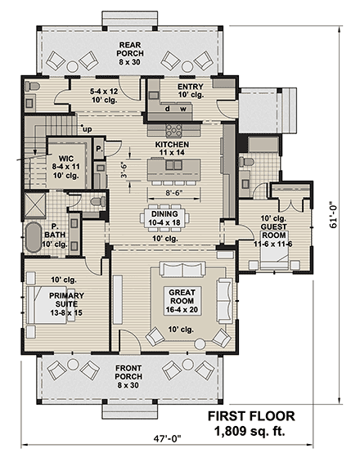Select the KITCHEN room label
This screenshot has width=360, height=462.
[173, 148]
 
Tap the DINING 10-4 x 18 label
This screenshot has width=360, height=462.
[165, 219]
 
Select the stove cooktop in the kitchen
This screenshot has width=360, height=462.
[174, 128]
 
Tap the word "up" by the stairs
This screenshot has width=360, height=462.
[86, 128]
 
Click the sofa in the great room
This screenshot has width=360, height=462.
[185, 271]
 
